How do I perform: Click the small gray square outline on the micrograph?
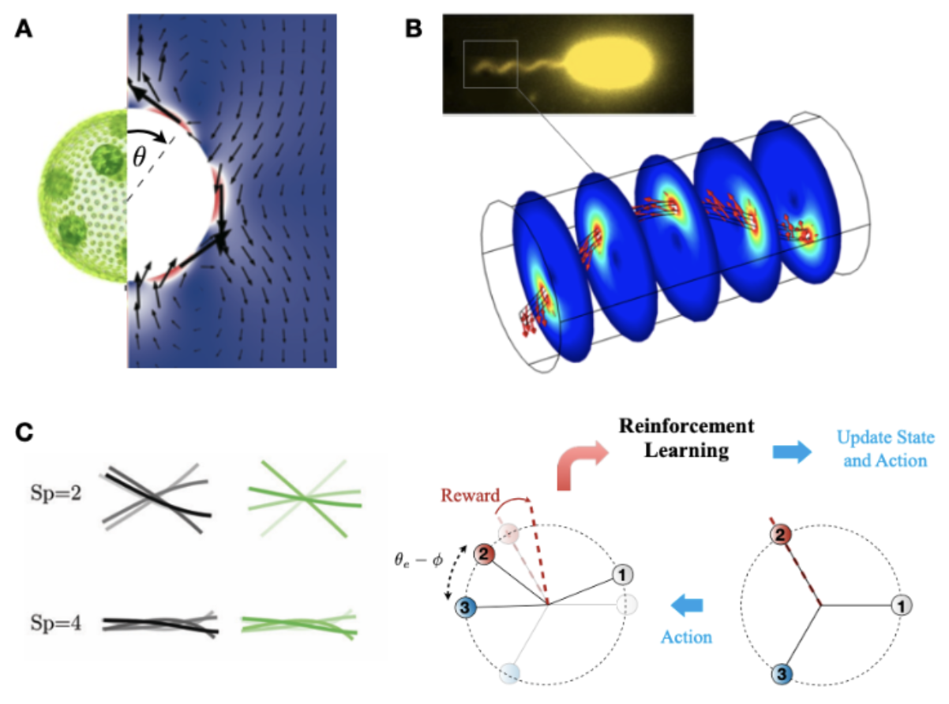(490, 65)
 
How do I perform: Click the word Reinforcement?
(686, 426)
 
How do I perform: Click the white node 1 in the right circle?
(899, 605)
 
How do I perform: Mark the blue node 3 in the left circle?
(466, 608)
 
